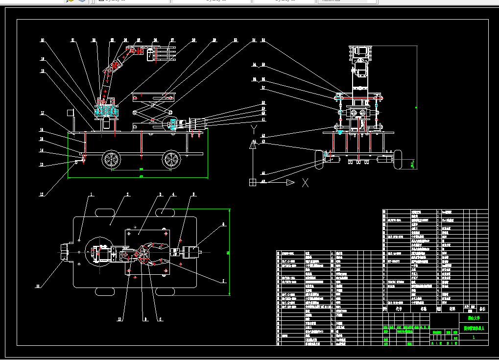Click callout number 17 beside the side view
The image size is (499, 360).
(x=42, y=114)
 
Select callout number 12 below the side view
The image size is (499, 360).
(x=42, y=194)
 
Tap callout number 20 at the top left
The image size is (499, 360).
(x=43, y=40)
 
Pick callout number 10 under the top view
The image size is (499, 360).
(x=119, y=319)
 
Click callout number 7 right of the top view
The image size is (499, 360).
(x=224, y=282)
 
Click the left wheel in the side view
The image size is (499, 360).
(x=111, y=160)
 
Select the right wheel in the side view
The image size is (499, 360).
(x=171, y=159)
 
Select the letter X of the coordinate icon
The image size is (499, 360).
(x=305, y=183)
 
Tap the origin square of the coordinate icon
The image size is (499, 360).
(x=253, y=183)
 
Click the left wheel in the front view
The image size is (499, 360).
(x=321, y=160)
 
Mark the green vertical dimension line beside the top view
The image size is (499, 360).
(x=230, y=252)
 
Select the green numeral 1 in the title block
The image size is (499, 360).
(x=473, y=337)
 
